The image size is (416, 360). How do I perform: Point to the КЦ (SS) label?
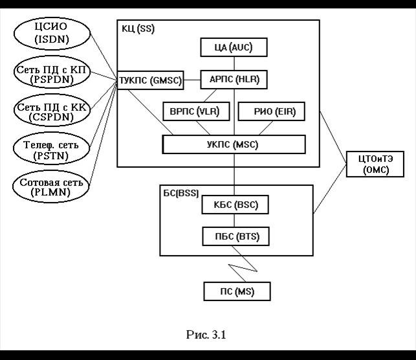138,29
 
